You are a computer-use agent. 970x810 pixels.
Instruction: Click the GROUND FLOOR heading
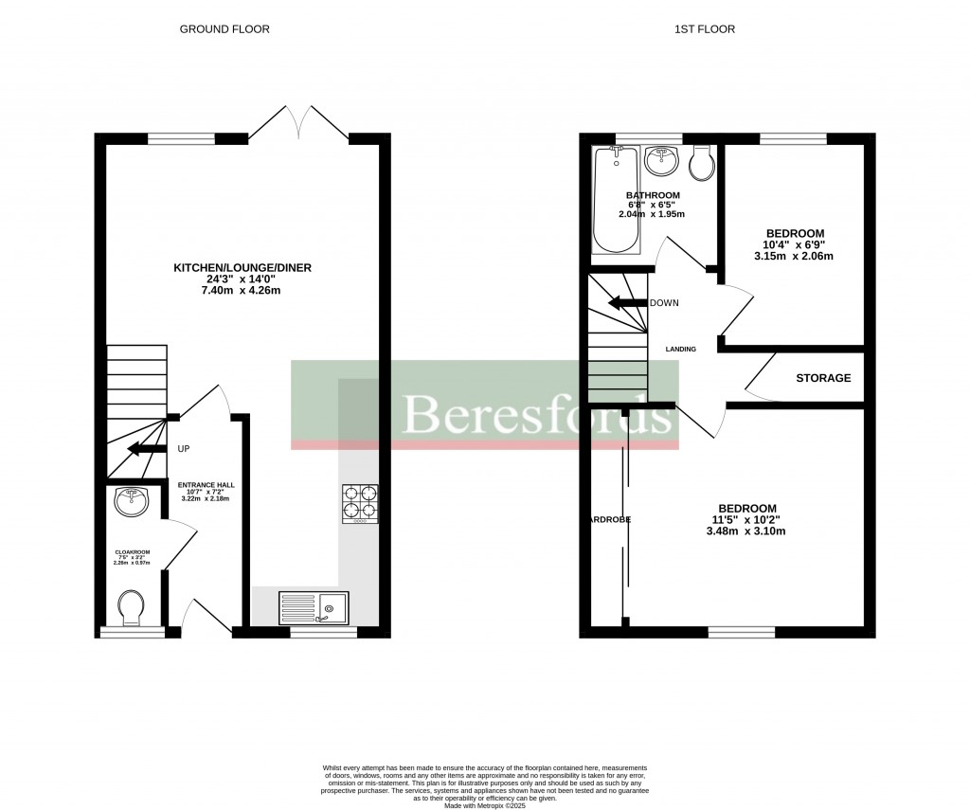pyautogui.click(x=225, y=29)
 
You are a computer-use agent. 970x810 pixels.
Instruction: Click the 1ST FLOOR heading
pyautogui.click(x=704, y=29)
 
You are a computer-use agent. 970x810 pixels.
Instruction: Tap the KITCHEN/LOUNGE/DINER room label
pyautogui.click(x=242, y=268)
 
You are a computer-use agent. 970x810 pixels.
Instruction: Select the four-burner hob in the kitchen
pyautogui.click(x=360, y=504)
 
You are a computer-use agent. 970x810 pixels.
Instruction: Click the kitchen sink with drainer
pyautogui.click(x=314, y=606)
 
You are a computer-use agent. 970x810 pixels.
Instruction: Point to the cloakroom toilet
pyautogui.click(x=131, y=605)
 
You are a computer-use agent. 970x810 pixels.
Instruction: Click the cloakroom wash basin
pyautogui.click(x=131, y=501)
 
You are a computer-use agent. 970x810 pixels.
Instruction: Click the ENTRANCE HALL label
pyautogui.click(x=207, y=485)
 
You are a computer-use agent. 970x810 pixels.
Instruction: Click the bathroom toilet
pyautogui.click(x=703, y=164)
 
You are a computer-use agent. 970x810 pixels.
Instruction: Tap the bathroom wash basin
pyautogui.click(x=660, y=161)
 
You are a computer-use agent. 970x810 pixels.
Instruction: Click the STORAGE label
pyautogui.click(x=822, y=378)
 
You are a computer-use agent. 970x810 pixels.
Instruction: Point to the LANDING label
pyautogui.click(x=680, y=349)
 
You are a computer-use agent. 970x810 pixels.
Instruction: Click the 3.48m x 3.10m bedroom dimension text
pyautogui.click(x=745, y=531)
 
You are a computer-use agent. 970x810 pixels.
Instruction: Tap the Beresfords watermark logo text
pyautogui.click(x=535, y=414)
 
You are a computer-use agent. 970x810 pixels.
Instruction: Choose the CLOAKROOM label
pyautogui.click(x=133, y=551)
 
